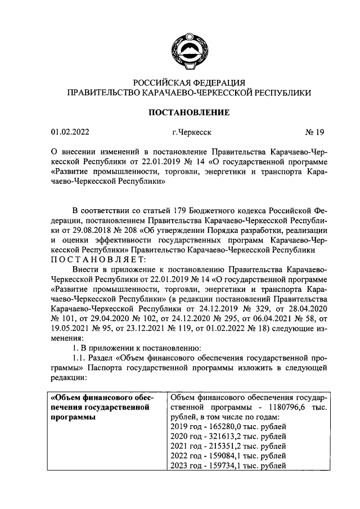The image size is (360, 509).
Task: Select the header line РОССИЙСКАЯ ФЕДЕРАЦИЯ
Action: point(188,82)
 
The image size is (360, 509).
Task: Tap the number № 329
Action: point(249,309)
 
